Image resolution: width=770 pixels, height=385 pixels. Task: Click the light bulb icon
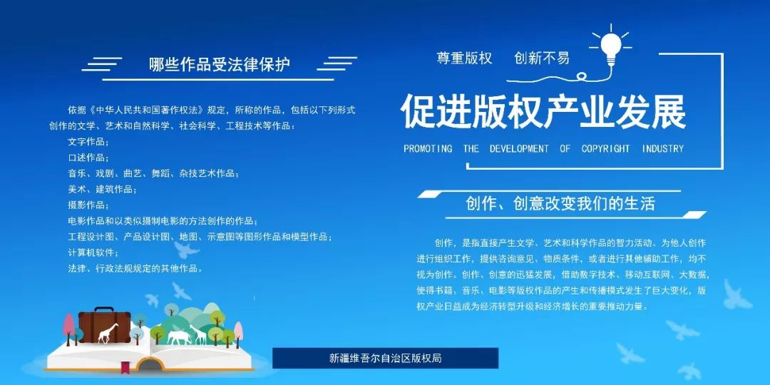[610, 48]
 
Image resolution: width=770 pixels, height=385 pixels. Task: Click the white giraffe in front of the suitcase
[107, 332]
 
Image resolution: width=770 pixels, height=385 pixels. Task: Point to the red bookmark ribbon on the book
[125, 366]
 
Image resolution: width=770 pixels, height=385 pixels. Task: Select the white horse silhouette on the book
[178, 337]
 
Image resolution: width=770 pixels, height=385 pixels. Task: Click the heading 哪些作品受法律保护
[220, 65]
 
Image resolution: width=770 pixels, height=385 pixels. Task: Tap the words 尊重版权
[464, 58]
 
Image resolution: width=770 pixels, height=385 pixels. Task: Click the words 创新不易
[542, 58]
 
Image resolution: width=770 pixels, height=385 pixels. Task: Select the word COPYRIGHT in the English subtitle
[605, 148]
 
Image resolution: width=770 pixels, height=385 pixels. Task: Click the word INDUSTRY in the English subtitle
[663, 148]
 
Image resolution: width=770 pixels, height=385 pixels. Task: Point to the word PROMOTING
[428, 148]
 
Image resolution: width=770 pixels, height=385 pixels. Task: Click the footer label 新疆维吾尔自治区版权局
[386, 358]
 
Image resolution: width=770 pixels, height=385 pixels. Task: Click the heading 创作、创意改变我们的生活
[561, 204]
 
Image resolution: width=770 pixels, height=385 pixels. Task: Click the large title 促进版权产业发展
[543, 112]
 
